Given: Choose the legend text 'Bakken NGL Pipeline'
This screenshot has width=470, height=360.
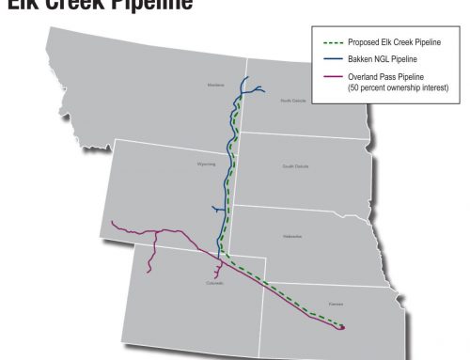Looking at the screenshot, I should [380, 57].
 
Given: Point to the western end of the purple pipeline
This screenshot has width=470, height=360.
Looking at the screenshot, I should [111, 222].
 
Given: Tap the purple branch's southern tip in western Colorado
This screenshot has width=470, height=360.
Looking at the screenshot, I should [148, 273].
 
